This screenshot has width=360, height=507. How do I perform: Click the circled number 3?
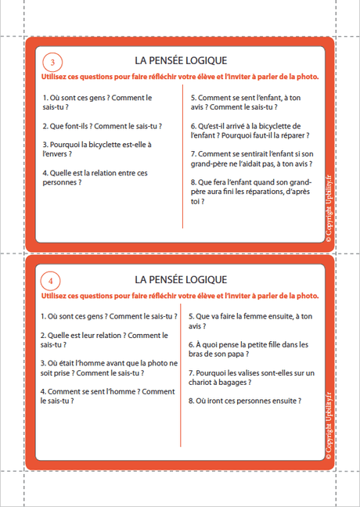click(52, 63)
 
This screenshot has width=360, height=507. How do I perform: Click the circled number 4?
click(52, 280)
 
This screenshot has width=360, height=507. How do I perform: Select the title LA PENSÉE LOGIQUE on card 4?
click(181, 279)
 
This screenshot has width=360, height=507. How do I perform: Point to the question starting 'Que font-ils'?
click(95, 125)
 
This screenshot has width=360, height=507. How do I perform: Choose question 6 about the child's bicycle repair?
click(246, 130)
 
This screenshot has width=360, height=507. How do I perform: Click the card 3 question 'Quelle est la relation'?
click(92, 178)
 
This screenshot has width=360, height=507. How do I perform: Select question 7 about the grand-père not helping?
click(251, 159)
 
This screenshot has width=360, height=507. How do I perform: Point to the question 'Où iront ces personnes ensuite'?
click(245, 401)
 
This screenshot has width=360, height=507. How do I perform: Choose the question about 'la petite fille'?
click(249, 350)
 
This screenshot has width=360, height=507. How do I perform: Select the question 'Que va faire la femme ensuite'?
click(245, 321)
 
